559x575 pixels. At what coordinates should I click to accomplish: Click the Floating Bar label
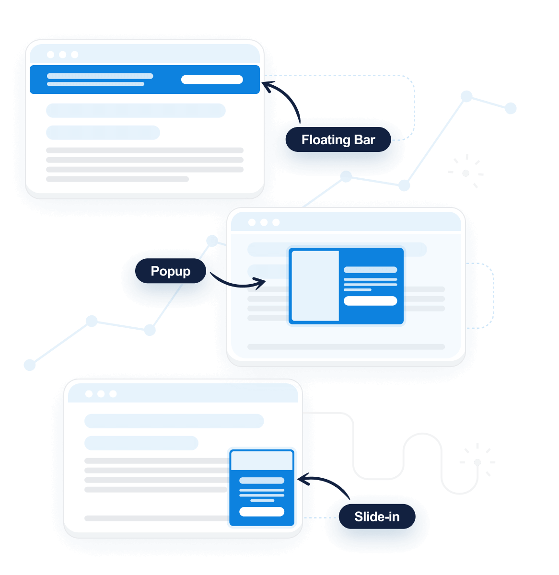[x=338, y=140]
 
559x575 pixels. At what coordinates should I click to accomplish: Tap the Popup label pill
[x=171, y=271]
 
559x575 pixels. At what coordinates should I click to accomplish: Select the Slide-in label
[x=377, y=517]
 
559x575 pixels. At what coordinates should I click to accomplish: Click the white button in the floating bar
[x=212, y=80]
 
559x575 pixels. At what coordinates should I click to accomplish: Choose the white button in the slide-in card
[x=262, y=511]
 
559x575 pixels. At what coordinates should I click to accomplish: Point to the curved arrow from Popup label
[x=238, y=283]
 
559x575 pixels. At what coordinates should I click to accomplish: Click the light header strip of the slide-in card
[x=262, y=460]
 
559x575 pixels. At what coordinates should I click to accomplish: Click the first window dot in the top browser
[x=50, y=55]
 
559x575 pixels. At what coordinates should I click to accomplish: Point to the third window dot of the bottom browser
[x=113, y=394]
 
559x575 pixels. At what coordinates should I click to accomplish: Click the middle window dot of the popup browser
[x=264, y=222]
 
